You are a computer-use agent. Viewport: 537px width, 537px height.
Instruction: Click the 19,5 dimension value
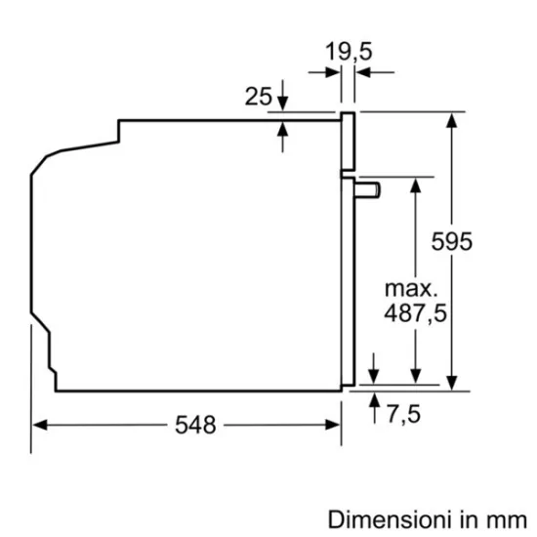(x=350, y=52)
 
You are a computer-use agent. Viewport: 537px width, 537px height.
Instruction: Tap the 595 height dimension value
(x=452, y=241)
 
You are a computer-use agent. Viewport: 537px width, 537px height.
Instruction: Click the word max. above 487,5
(x=409, y=289)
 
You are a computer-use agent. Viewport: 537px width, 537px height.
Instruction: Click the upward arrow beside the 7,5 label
(x=375, y=401)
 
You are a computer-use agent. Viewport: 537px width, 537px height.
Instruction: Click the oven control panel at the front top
(x=347, y=142)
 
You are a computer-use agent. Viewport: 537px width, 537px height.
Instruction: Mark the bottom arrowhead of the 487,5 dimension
(x=416, y=376)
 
